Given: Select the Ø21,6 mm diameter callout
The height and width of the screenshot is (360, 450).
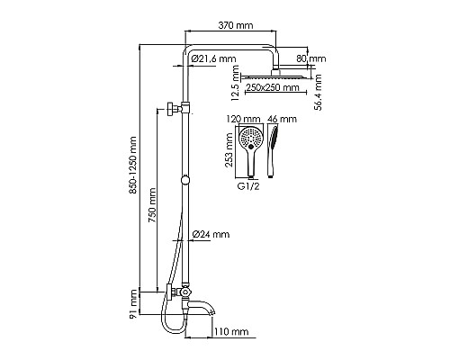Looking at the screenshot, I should [214, 59].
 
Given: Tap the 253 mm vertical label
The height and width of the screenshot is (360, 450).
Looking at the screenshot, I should [229, 153].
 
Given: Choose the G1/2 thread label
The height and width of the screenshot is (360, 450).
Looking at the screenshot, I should [250, 189].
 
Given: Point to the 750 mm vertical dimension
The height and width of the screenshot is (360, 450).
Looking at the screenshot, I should [153, 207].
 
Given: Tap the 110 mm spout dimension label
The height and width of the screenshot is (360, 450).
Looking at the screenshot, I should [230, 331].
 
